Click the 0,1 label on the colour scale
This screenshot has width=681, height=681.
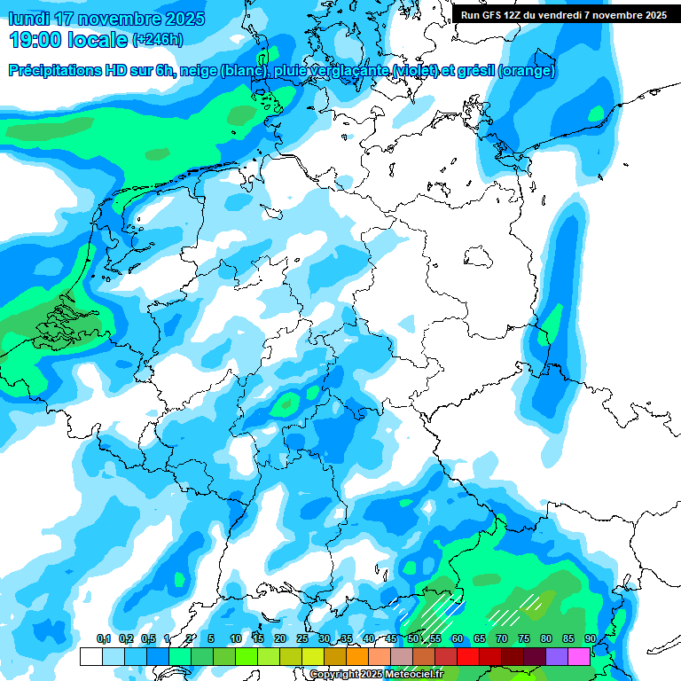point(104,638)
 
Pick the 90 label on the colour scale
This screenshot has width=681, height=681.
point(590,638)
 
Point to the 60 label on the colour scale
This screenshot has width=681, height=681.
point(458,638)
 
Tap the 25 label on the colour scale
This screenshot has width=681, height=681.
point(302,638)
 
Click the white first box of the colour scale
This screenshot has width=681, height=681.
point(90,656)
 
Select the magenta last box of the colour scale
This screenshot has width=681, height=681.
point(578,656)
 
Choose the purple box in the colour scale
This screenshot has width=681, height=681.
point(556,656)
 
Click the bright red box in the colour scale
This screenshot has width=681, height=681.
point(467,656)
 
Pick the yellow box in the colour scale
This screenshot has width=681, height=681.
point(312,656)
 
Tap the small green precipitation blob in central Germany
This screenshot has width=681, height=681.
point(286,405)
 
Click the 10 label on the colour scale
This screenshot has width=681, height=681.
point(236,638)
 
